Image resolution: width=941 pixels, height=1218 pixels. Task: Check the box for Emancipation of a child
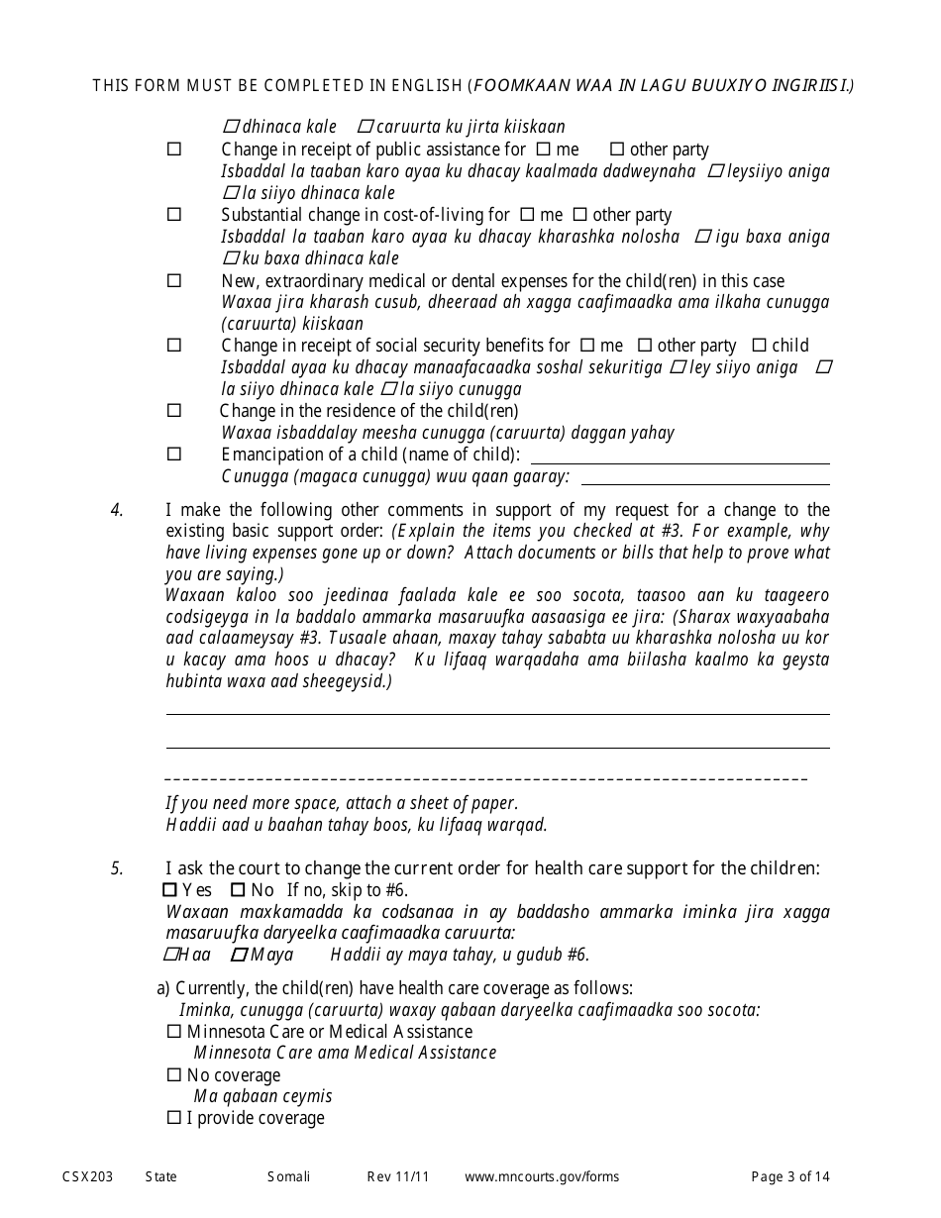tap(174, 455)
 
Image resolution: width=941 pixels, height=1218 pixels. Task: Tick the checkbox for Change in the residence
tap(174, 411)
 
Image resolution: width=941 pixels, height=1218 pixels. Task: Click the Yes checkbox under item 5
tap(169, 890)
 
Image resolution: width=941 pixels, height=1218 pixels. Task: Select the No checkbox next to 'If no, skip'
tap(238, 890)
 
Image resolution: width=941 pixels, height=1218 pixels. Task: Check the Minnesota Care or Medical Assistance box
tap(174, 1032)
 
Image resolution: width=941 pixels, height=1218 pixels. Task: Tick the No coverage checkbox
tap(174, 1075)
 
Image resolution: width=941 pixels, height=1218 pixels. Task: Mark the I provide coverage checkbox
tap(174, 1118)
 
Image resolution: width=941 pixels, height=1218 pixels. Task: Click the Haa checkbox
tap(169, 955)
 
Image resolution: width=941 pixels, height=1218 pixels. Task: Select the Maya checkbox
tap(238, 955)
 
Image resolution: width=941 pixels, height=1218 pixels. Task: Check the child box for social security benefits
tap(759, 346)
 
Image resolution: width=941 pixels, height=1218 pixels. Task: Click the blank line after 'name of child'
tap(680, 457)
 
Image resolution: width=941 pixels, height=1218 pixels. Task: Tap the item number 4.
tap(117, 510)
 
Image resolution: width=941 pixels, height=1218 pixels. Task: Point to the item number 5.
tap(117, 869)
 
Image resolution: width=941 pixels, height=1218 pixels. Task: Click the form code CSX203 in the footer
tap(86, 1176)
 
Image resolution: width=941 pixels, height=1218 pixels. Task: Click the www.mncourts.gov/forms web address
tap(542, 1176)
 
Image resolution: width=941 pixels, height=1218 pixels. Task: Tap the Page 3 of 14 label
tap(790, 1176)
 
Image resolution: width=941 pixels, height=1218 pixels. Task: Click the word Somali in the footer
tap(288, 1176)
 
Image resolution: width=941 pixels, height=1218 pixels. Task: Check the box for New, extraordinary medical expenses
tap(174, 281)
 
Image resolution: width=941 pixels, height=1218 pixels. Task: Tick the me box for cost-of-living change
tap(527, 215)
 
